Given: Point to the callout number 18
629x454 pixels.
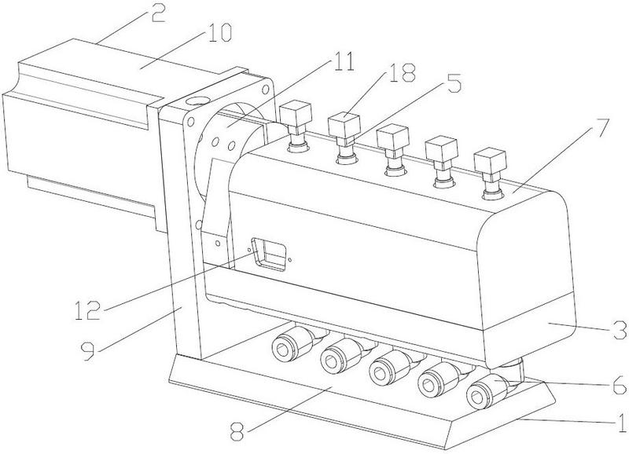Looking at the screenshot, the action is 400,72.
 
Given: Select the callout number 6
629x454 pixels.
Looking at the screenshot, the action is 619,384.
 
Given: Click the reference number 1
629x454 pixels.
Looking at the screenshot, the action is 621,422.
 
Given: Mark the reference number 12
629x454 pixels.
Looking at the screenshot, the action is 88,310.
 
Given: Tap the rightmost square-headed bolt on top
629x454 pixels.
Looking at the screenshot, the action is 490,173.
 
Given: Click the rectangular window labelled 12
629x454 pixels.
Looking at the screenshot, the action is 268,253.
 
